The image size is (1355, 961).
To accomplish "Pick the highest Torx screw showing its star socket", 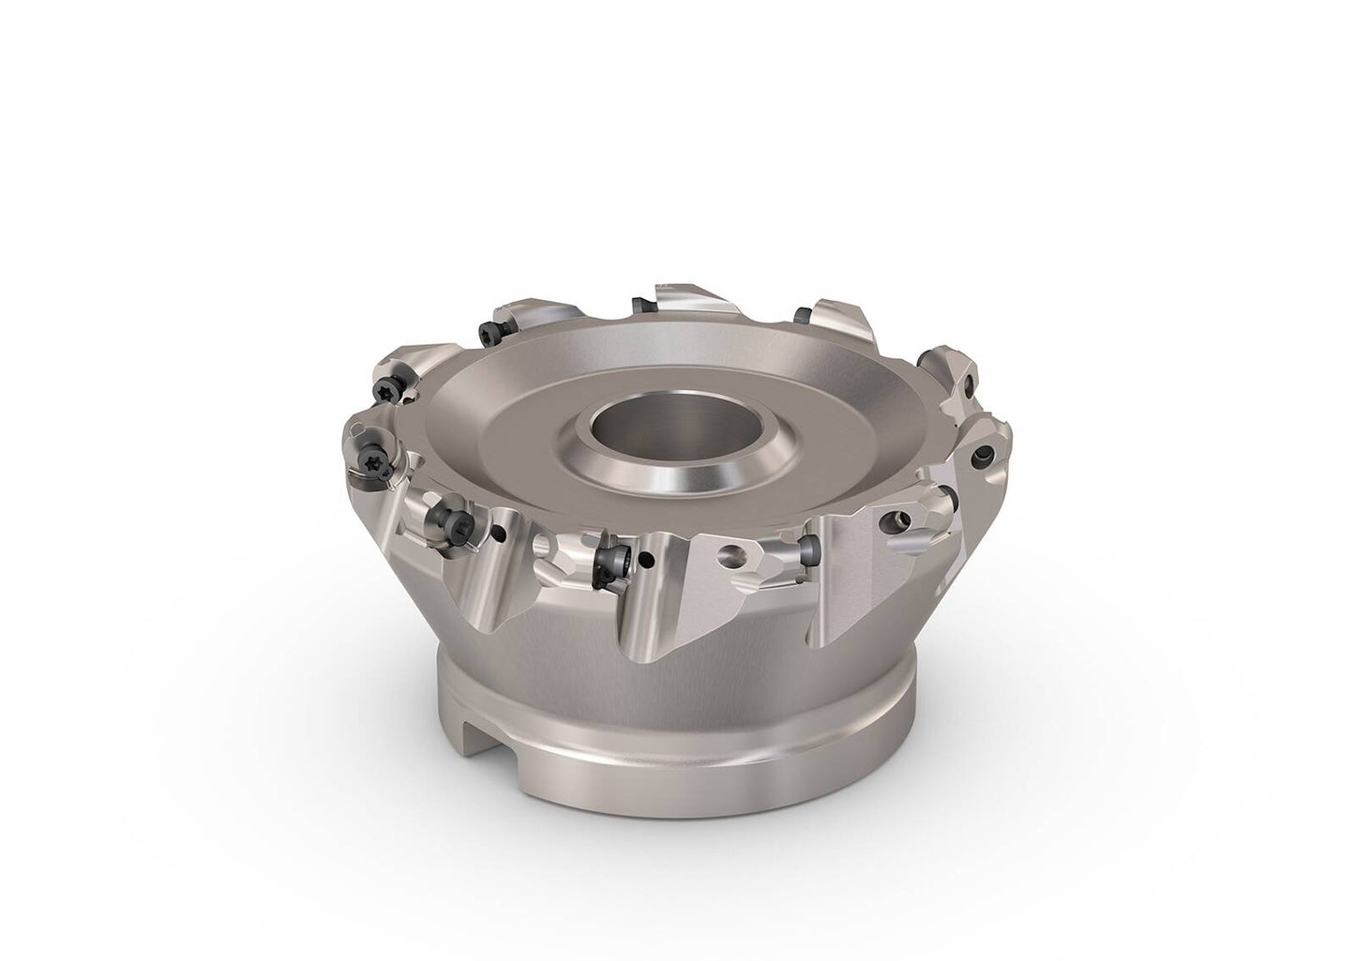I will click(489, 330).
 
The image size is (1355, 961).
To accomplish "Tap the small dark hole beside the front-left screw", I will click(497, 535).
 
